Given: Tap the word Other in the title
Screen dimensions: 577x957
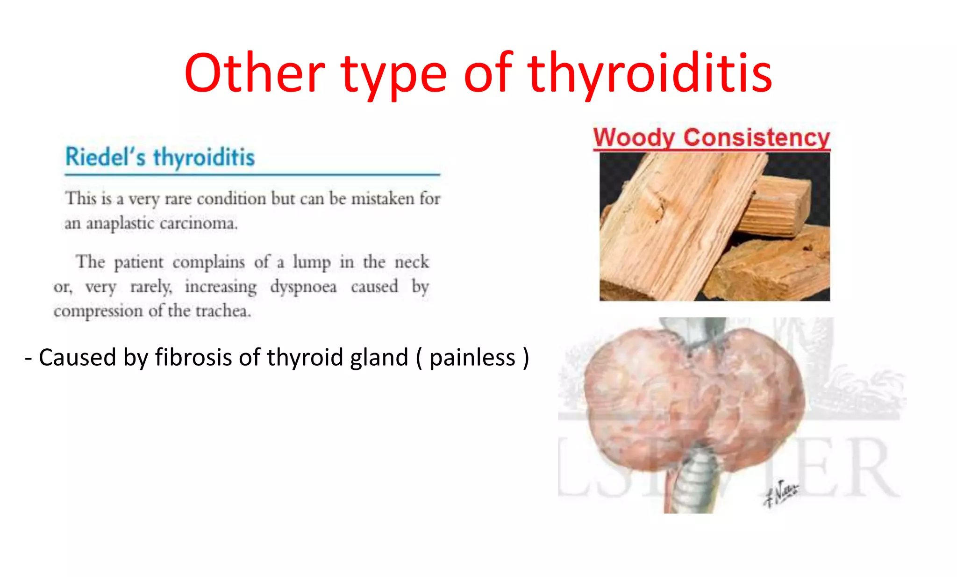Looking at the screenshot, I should click(x=255, y=74).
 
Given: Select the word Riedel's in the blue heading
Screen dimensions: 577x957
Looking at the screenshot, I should click(x=106, y=157).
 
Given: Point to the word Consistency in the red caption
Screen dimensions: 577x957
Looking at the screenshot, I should click(x=757, y=138).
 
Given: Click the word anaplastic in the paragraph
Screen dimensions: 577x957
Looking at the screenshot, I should click(x=120, y=224).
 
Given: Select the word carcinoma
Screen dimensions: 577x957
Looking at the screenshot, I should click(x=199, y=224).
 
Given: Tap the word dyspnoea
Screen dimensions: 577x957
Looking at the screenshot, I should click(x=303, y=287).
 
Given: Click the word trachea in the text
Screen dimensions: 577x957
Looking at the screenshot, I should click(x=223, y=311).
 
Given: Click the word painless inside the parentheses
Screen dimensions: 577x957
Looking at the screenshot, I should click(x=472, y=358).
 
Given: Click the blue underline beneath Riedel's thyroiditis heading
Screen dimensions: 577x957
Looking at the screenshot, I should click(x=252, y=175).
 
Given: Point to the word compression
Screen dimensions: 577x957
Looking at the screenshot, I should click(x=98, y=311).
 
